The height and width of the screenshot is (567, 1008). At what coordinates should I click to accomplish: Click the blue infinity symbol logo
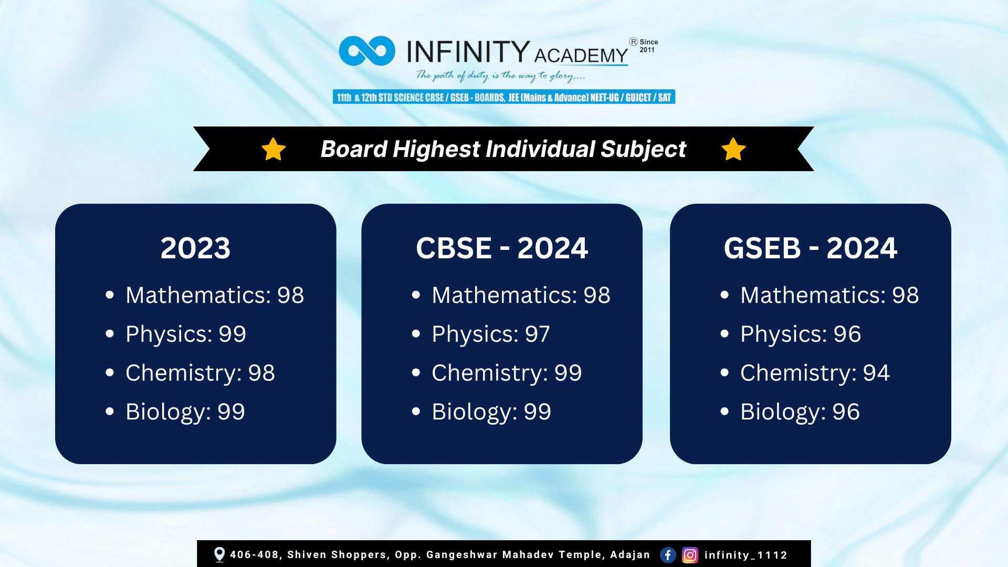click(x=367, y=51)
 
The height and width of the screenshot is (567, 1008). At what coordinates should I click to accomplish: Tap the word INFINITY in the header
click(x=468, y=51)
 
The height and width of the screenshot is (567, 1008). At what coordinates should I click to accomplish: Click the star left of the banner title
click(x=274, y=149)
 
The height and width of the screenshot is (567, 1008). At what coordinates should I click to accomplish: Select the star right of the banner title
click(x=733, y=149)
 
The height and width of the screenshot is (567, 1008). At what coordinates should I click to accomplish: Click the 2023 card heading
click(x=195, y=248)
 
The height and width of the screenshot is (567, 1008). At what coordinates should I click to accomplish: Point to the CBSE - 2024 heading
click(x=502, y=248)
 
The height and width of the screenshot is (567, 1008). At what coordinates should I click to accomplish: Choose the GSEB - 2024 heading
click(x=811, y=248)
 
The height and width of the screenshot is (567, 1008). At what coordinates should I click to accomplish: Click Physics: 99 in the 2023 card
click(x=186, y=334)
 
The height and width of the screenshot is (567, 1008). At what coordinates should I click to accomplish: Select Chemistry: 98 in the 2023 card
click(x=200, y=373)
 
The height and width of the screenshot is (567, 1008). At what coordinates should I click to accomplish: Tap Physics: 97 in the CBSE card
click(x=491, y=334)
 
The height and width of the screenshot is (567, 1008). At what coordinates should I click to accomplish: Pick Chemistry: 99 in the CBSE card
click(x=507, y=373)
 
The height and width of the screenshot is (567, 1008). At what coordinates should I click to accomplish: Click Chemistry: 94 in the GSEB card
click(x=815, y=373)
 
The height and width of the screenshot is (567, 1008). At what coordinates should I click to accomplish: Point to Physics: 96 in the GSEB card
click(x=801, y=334)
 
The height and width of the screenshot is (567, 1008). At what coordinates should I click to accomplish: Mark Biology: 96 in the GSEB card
click(x=800, y=412)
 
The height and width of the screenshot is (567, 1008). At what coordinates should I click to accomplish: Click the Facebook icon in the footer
click(x=668, y=555)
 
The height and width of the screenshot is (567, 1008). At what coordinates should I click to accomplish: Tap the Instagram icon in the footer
click(x=690, y=555)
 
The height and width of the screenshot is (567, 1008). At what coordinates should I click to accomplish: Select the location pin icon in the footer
click(x=219, y=554)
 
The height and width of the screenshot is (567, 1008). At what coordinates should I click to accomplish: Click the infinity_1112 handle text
click(x=745, y=555)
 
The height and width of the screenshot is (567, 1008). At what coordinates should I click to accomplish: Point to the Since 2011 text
click(x=648, y=46)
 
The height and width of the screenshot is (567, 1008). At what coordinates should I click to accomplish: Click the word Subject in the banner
click(x=643, y=149)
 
